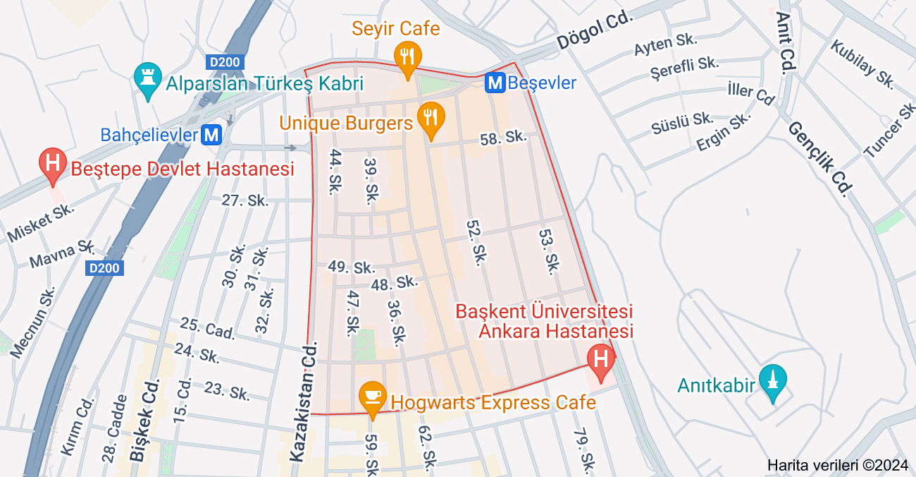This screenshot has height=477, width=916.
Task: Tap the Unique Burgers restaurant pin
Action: pyautogui.click(x=430, y=118)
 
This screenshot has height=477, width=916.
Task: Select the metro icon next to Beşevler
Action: pyautogui.click(x=495, y=83)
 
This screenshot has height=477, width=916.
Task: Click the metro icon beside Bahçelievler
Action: pyautogui.click(x=211, y=134)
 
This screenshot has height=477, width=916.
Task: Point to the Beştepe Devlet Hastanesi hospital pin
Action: pyautogui.click(x=52, y=164)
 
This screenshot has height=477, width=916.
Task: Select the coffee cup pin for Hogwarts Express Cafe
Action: pyautogui.click(x=372, y=397)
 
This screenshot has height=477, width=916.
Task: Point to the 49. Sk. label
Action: pyautogui.click(x=351, y=267)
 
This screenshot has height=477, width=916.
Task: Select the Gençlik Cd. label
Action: pyautogui.click(x=819, y=157)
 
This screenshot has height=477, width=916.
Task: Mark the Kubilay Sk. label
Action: pyautogui.click(x=862, y=64)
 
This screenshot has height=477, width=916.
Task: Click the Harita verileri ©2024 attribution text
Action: pyautogui.click(x=838, y=465)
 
